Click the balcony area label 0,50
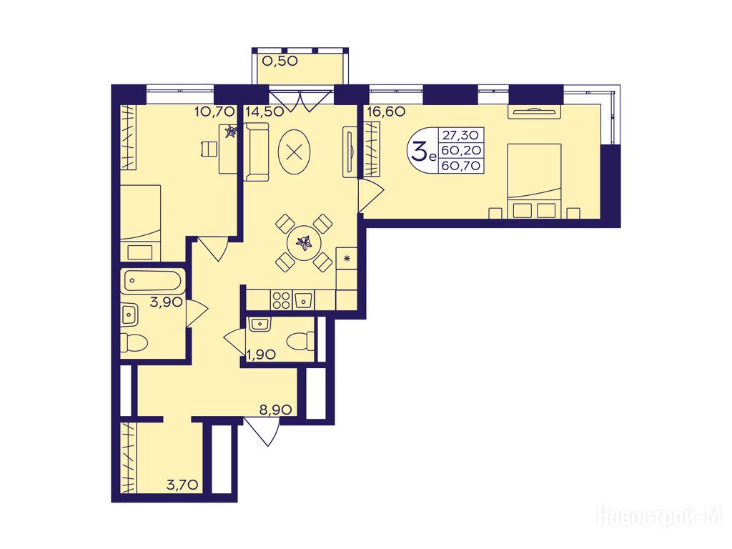coord(280,61)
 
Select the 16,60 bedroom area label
coord(386,112)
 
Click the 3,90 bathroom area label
coord(166,302)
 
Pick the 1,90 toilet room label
coord(261,355)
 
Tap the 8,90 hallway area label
coord(275,410)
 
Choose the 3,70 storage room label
coord(182,485)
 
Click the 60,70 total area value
coord(461,165)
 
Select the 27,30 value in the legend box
coord(461,135)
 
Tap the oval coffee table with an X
coord(293,152)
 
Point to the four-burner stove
coord(281,300)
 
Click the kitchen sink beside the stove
coord(304,300)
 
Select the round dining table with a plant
coord(304,243)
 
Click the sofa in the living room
coord(257,152)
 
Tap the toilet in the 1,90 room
coord(301,341)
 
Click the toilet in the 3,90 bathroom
coord(134,343)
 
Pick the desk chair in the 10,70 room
coord(209,149)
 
